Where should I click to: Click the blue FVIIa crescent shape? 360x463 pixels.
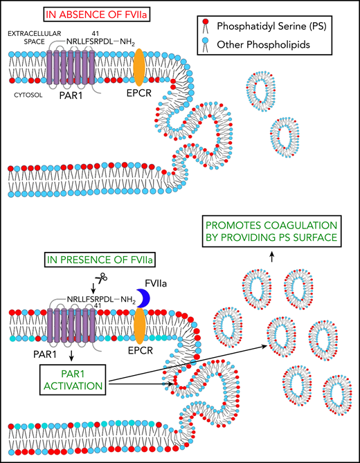point(144,298)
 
